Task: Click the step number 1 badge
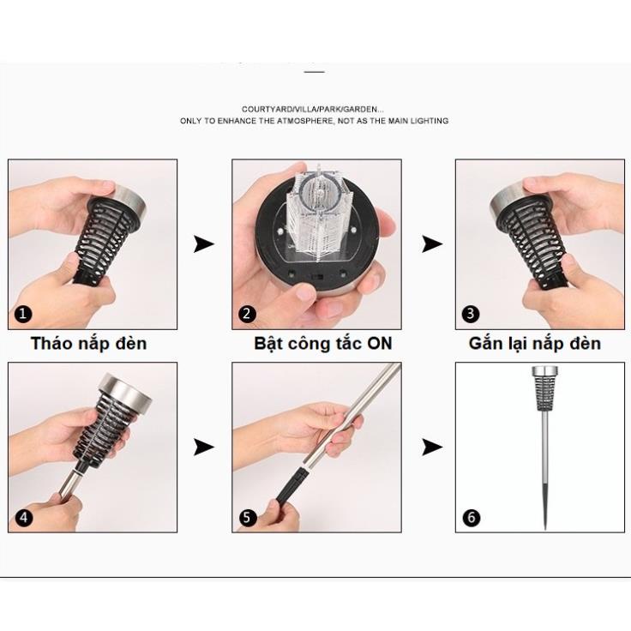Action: coord(22,314)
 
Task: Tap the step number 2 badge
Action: coord(247,314)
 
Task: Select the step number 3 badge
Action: coord(471,314)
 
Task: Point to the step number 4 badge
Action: coord(23,518)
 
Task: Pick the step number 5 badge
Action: coord(247,518)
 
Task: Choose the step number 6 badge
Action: coord(472,518)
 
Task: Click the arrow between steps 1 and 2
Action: coord(204,243)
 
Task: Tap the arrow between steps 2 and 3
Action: coord(432,243)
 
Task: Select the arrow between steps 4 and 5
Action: coord(204,447)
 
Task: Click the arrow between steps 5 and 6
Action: coord(432,447)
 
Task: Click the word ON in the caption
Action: coord(379,343)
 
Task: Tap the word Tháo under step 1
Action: coord(51,343)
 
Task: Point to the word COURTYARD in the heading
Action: coord(267,109)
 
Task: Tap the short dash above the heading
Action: coord(315,72)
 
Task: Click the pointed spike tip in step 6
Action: coord(545,527)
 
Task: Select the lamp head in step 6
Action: coord(544,388)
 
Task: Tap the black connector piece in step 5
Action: coord(291,488)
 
